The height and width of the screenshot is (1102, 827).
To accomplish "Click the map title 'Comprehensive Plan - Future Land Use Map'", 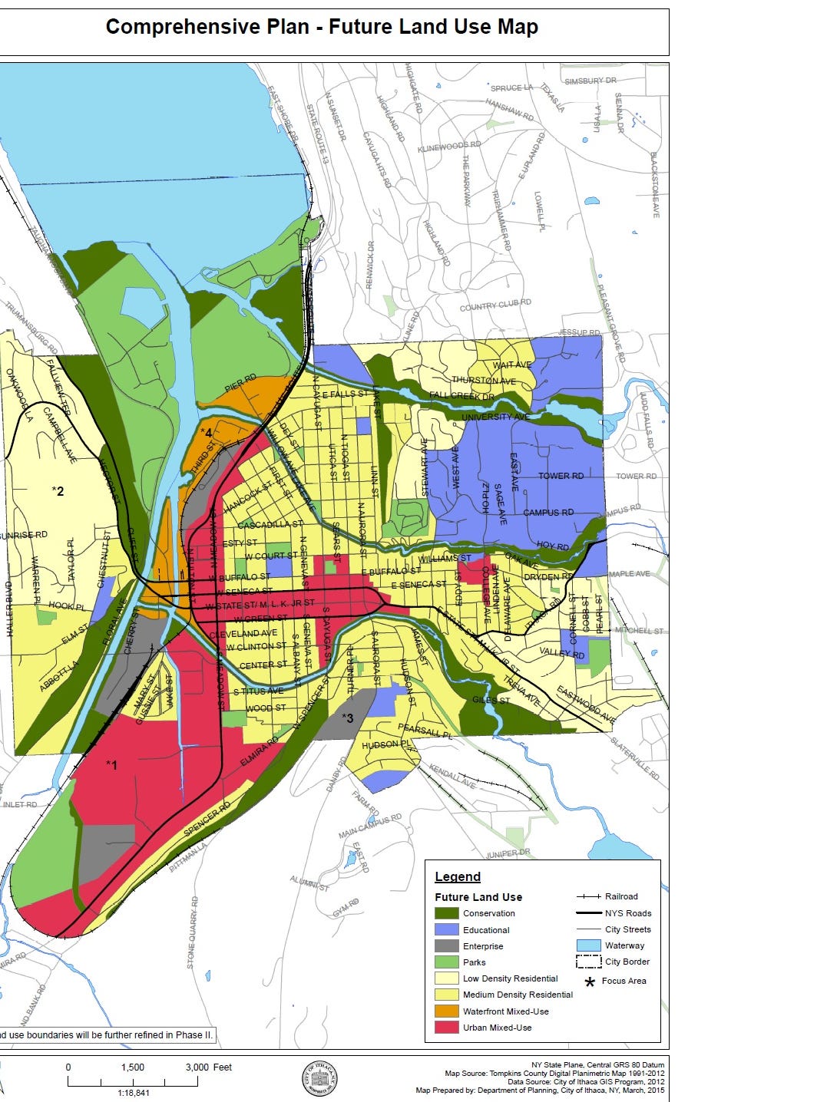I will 322,28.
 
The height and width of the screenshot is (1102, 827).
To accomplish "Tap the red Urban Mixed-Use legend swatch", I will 446,1028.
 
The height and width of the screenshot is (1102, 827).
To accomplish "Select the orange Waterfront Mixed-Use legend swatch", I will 446,1011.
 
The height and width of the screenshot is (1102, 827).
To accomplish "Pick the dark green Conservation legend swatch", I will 446,913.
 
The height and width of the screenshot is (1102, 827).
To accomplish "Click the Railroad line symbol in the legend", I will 587,896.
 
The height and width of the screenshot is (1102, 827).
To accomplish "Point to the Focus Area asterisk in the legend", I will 590,982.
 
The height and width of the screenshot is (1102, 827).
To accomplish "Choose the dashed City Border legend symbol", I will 587,962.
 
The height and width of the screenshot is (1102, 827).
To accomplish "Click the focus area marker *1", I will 112,764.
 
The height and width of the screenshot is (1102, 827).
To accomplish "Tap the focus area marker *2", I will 58,490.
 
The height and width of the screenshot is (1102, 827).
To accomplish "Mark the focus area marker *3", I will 347,718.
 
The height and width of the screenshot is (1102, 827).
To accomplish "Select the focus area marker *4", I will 206,432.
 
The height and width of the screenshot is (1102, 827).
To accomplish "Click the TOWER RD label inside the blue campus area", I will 561,476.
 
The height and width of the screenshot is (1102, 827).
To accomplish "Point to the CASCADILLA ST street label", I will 270,525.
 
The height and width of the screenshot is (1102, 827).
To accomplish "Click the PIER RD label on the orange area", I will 240,383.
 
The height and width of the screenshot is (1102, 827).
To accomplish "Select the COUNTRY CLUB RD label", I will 495,306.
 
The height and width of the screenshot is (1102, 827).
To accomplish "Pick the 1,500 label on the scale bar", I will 132,1067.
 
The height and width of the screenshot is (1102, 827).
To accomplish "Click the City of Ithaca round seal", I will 319,1079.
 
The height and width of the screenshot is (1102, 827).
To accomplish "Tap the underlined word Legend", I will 458,876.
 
